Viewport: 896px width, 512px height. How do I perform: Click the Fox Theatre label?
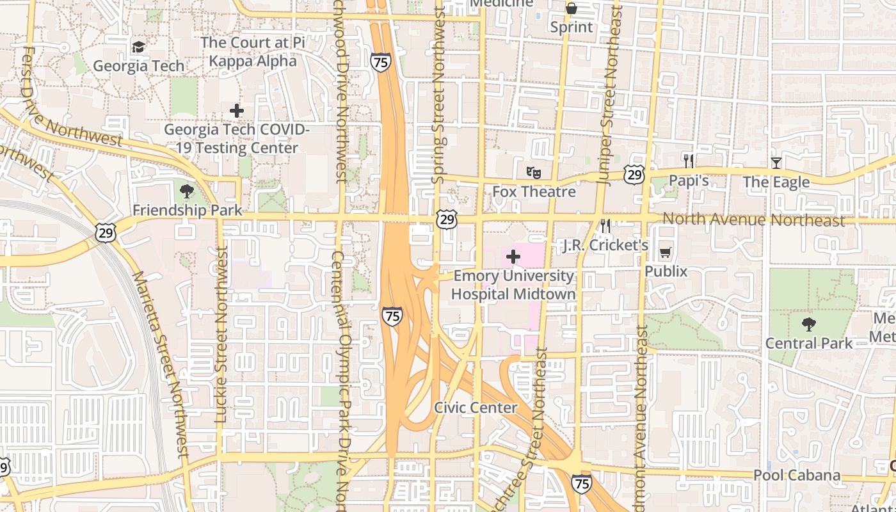pyautogui.click(x=534, y=191)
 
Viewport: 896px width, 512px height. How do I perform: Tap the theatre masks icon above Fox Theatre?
pyautogui.click(x=534, y=172)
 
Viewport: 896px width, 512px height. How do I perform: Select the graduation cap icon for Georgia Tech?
pyautogui.click(x=138, y=47)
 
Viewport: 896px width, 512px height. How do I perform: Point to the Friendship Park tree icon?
pyautogui.click(x=187, y=191)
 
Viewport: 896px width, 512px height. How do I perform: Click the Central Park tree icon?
pyautogui.click(x=809, y=324)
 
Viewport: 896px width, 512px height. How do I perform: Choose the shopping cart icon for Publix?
pyautogui.click(x=666, y=253)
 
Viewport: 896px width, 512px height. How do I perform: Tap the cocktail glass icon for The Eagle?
pyautogui.click(x=776, y=163)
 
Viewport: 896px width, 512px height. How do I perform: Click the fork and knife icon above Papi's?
pyautogui.click(x=689, y=161)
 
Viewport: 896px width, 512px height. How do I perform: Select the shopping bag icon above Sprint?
pyautogui.click(x=572, y=8)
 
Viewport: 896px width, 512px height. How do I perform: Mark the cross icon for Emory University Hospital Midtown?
pyautogui.click(x=513, y=257)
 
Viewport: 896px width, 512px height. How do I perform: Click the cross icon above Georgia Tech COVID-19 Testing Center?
pyautogui.click(x=237, y=111)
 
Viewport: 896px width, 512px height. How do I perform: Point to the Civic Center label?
pyautogui.click(x=476, y=408)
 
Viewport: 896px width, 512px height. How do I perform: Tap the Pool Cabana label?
pyautogui.click(x=796, y=475)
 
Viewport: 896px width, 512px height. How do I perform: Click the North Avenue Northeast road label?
pyautogui.click(x=753, y=220)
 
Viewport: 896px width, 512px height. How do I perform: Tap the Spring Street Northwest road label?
pyautogui.click(x=438, y=96)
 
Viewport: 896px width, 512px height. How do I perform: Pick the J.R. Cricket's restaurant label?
pyautogui.click(x=605, y=245)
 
